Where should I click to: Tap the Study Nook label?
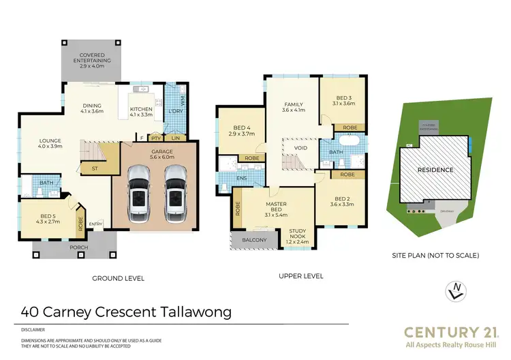pyautogui.click(x=298, y=235)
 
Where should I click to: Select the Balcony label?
pyautogui.click(x=253, y=239)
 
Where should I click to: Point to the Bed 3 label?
pyautogui.click(x=343, y=100)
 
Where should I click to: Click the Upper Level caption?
pyautogui.click(x=301, y=276)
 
